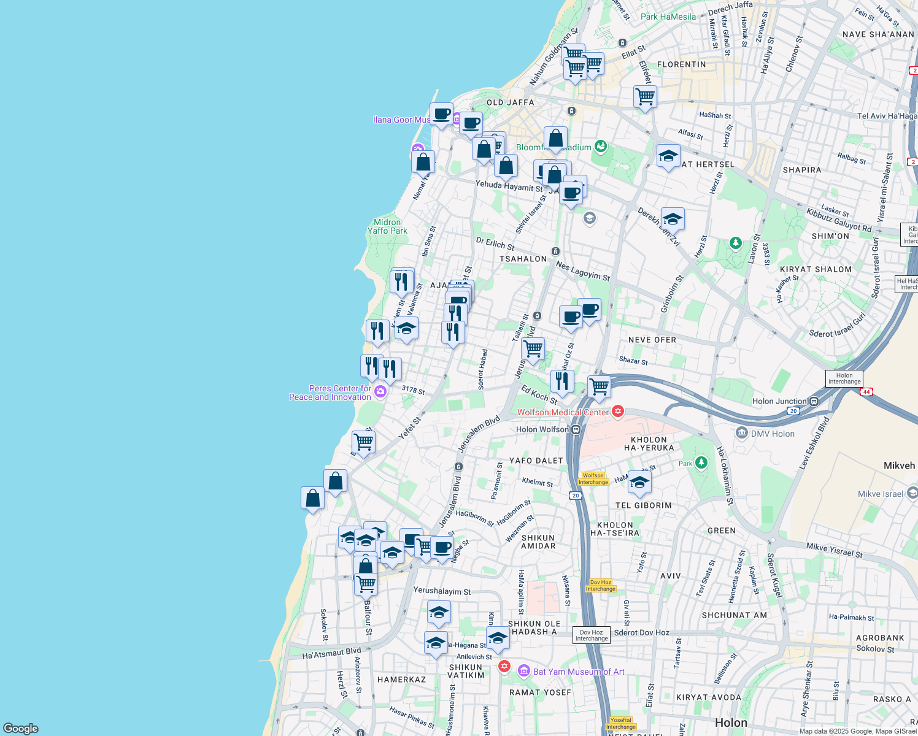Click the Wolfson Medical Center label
(563, 412)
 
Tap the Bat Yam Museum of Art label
(579, 672)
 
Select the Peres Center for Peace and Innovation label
(330, 393)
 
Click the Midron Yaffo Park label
(387, 226)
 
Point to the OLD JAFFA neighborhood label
(510, 102)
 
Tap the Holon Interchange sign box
(844, 378)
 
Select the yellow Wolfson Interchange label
(593, 479)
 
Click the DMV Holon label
(773, 434)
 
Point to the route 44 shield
(866, 392)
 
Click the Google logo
(21, 729)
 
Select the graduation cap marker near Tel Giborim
(639, 482)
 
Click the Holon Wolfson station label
(542, 429)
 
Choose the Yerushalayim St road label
(442, 591)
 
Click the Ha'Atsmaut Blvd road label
(331, 653)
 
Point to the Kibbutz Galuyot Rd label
(838, 220)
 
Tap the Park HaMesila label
(668, 17)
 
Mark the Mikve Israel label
(881, 494)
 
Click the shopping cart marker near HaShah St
(645, 97)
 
